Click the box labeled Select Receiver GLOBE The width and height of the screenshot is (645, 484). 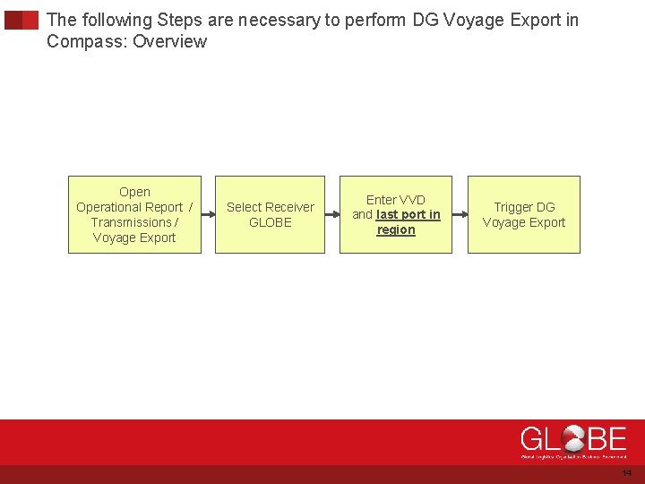click(270, 214)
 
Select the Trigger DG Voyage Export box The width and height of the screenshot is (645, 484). click(524, 214)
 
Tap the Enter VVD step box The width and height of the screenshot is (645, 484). click(396, 214)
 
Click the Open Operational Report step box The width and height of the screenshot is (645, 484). click(134, 214)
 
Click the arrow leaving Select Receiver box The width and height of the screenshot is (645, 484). click(331, 215)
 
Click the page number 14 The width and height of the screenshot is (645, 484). click(626, 472)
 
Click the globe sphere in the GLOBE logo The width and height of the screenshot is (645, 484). click(575, 439)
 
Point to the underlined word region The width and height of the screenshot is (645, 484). click(396, 230)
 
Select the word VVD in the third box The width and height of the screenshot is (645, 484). click(412, 200)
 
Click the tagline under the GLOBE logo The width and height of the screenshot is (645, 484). click(573, 456)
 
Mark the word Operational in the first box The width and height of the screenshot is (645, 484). click(129, 207)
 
